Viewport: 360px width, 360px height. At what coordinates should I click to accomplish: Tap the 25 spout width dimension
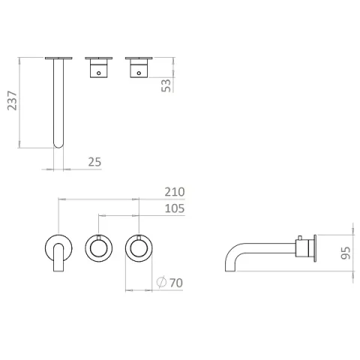tap(94, 160)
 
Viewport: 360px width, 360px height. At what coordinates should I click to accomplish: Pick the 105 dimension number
tap(174, 210)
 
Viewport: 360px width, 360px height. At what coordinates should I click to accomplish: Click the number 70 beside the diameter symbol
tap(176, 283)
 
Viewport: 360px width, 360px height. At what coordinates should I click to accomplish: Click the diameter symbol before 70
tap(160, 283)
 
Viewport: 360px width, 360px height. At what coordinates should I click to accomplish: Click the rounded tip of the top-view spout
tap(58, 142)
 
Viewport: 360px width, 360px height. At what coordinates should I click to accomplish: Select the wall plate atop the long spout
tap(58, 57)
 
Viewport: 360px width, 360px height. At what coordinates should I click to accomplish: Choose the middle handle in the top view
tap(99, 67)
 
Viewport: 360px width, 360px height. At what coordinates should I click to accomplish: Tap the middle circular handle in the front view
tap(98, 247)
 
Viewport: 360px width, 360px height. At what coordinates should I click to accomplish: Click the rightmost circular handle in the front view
tap(137, 247)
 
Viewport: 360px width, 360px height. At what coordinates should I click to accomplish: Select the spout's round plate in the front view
tap(58, 241)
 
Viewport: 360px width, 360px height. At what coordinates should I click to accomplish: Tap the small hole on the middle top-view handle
tap(98, 72)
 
